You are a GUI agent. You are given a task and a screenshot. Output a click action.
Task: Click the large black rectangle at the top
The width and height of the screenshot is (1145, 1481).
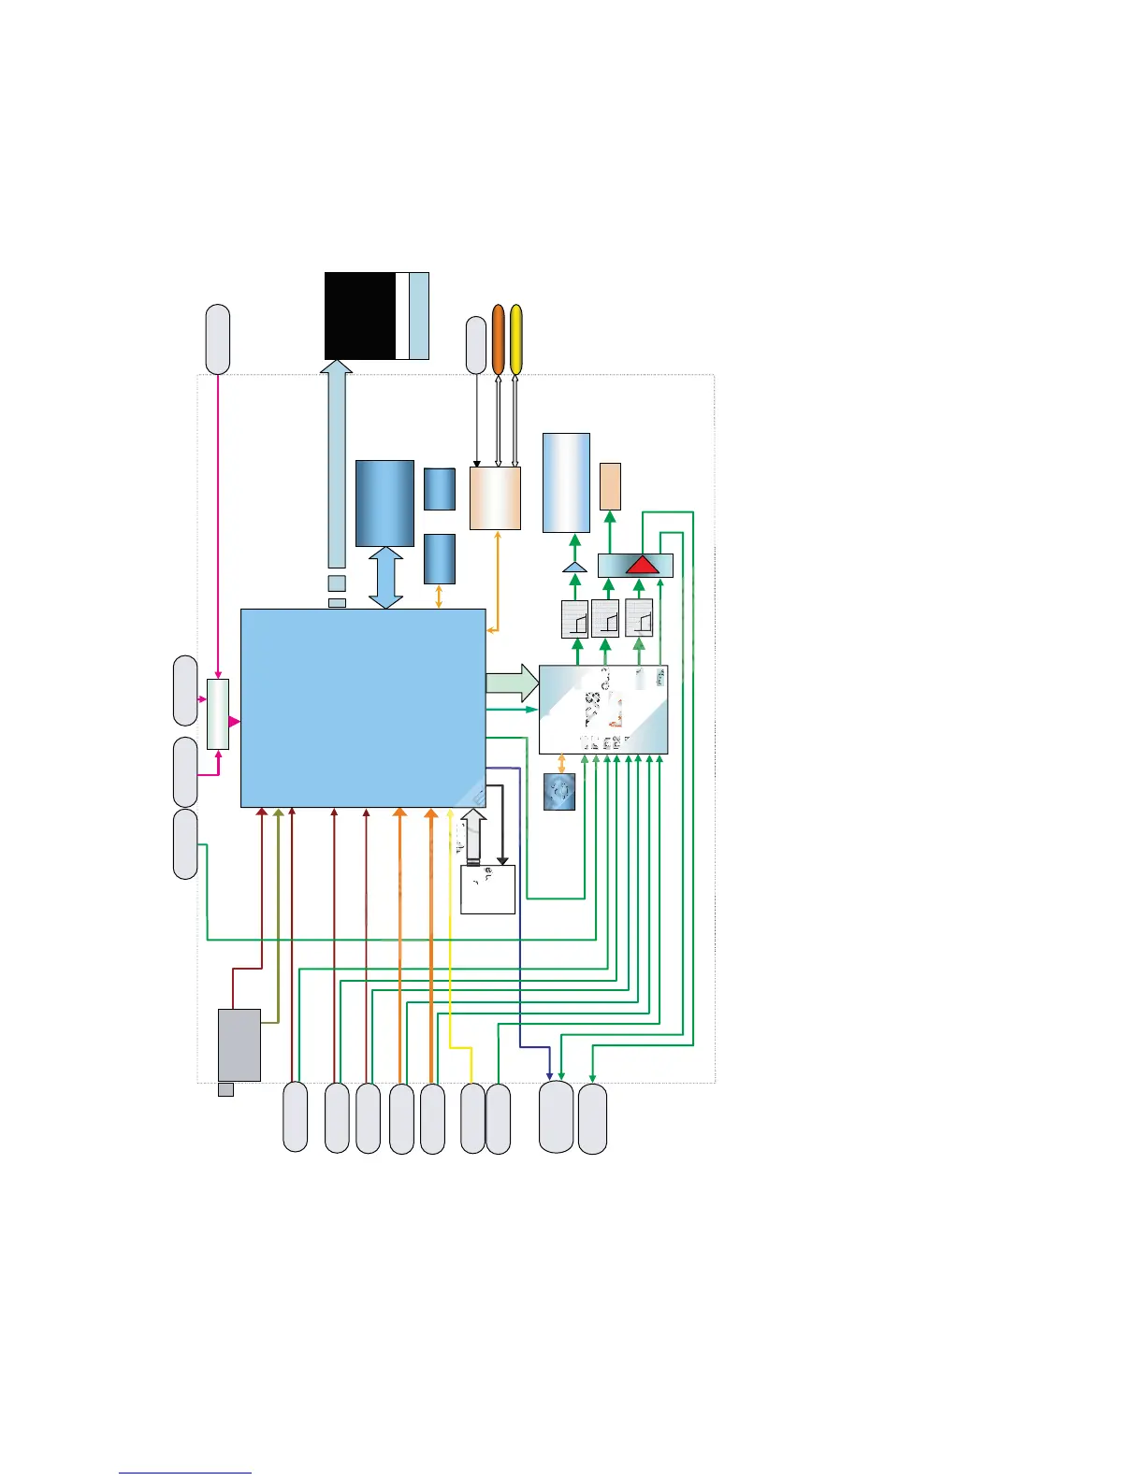point(359,315)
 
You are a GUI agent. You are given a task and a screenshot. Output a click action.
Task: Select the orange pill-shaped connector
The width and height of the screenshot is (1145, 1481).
point(499,338)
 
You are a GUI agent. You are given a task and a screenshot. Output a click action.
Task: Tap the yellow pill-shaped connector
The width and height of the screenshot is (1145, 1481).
point(515,338)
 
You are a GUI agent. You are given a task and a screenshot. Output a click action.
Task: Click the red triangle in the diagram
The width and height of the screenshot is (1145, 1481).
point(643,565)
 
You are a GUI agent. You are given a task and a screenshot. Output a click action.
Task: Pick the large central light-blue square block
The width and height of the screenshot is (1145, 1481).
point(363,708)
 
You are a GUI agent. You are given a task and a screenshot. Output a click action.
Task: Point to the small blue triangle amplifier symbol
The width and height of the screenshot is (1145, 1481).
point(574,567)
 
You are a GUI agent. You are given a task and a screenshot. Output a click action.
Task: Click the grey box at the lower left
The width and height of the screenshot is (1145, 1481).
point(239,1044)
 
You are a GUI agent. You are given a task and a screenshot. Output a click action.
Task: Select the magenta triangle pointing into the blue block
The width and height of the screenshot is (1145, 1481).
point(235,722)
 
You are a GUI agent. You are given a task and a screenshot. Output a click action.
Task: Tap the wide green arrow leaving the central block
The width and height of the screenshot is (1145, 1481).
point(512,683)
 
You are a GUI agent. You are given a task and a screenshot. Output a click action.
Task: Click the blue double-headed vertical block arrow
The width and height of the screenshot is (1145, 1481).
point(385,578)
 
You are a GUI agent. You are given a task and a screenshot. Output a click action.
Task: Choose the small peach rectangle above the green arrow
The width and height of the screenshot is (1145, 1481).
point(610,486)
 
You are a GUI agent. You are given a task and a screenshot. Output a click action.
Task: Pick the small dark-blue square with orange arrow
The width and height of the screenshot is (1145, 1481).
point(559,791)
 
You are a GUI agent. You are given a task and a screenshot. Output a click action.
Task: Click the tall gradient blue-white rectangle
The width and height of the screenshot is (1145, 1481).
point(567,482)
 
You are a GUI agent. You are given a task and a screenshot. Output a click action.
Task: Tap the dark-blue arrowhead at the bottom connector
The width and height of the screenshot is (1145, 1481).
point(549,1074)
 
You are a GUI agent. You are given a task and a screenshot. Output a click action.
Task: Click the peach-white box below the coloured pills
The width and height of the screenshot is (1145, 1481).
point(495,498)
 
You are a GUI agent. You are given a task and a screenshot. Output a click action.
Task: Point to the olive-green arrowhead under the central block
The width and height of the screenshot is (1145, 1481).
point(278,813)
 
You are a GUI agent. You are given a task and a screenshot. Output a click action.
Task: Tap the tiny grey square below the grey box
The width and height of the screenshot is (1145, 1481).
point(225,1089)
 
